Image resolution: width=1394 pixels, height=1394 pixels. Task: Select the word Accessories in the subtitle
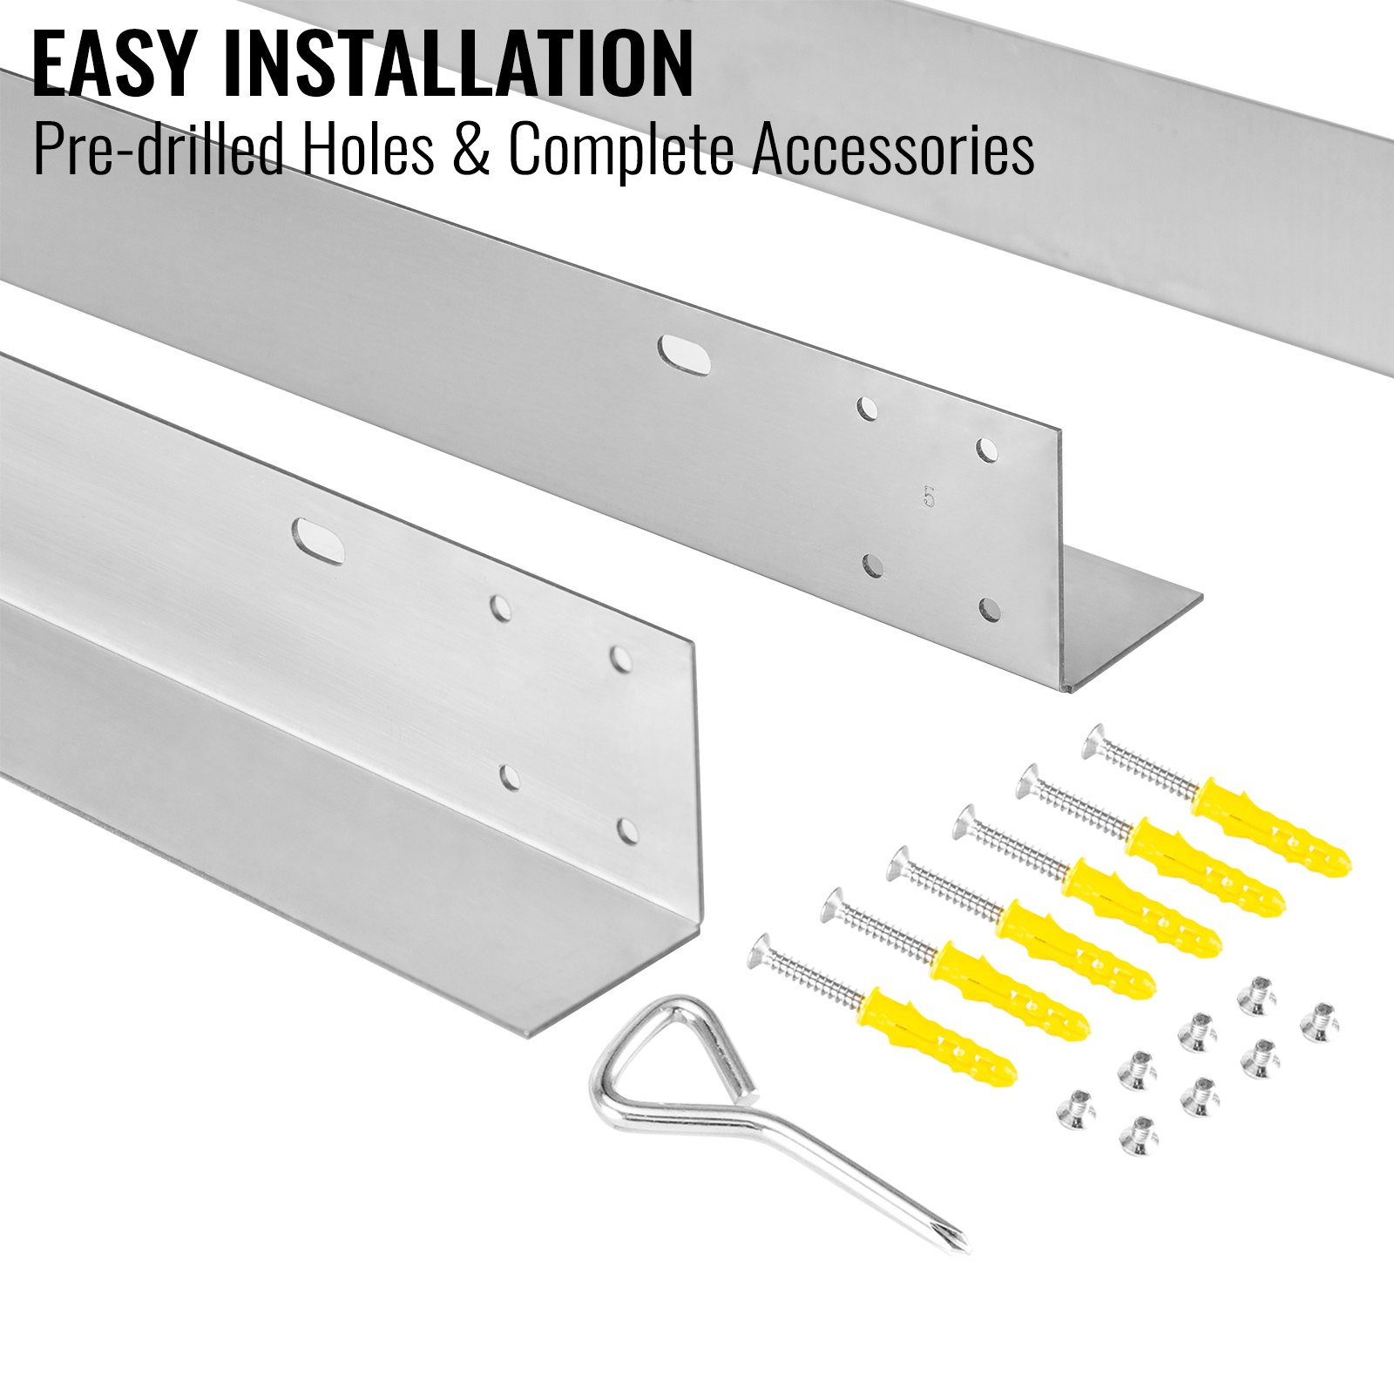tap(893, 150)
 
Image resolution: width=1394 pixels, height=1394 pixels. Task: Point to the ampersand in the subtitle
tap(471, 150)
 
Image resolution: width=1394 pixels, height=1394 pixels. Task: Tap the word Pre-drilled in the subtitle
tap(159, 150)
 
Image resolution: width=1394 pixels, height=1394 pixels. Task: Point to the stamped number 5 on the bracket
tap(930, 497)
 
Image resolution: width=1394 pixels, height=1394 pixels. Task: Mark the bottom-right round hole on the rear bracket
tap(989, 609)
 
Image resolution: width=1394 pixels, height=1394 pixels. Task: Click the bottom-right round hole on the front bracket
tap(626, 832)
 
